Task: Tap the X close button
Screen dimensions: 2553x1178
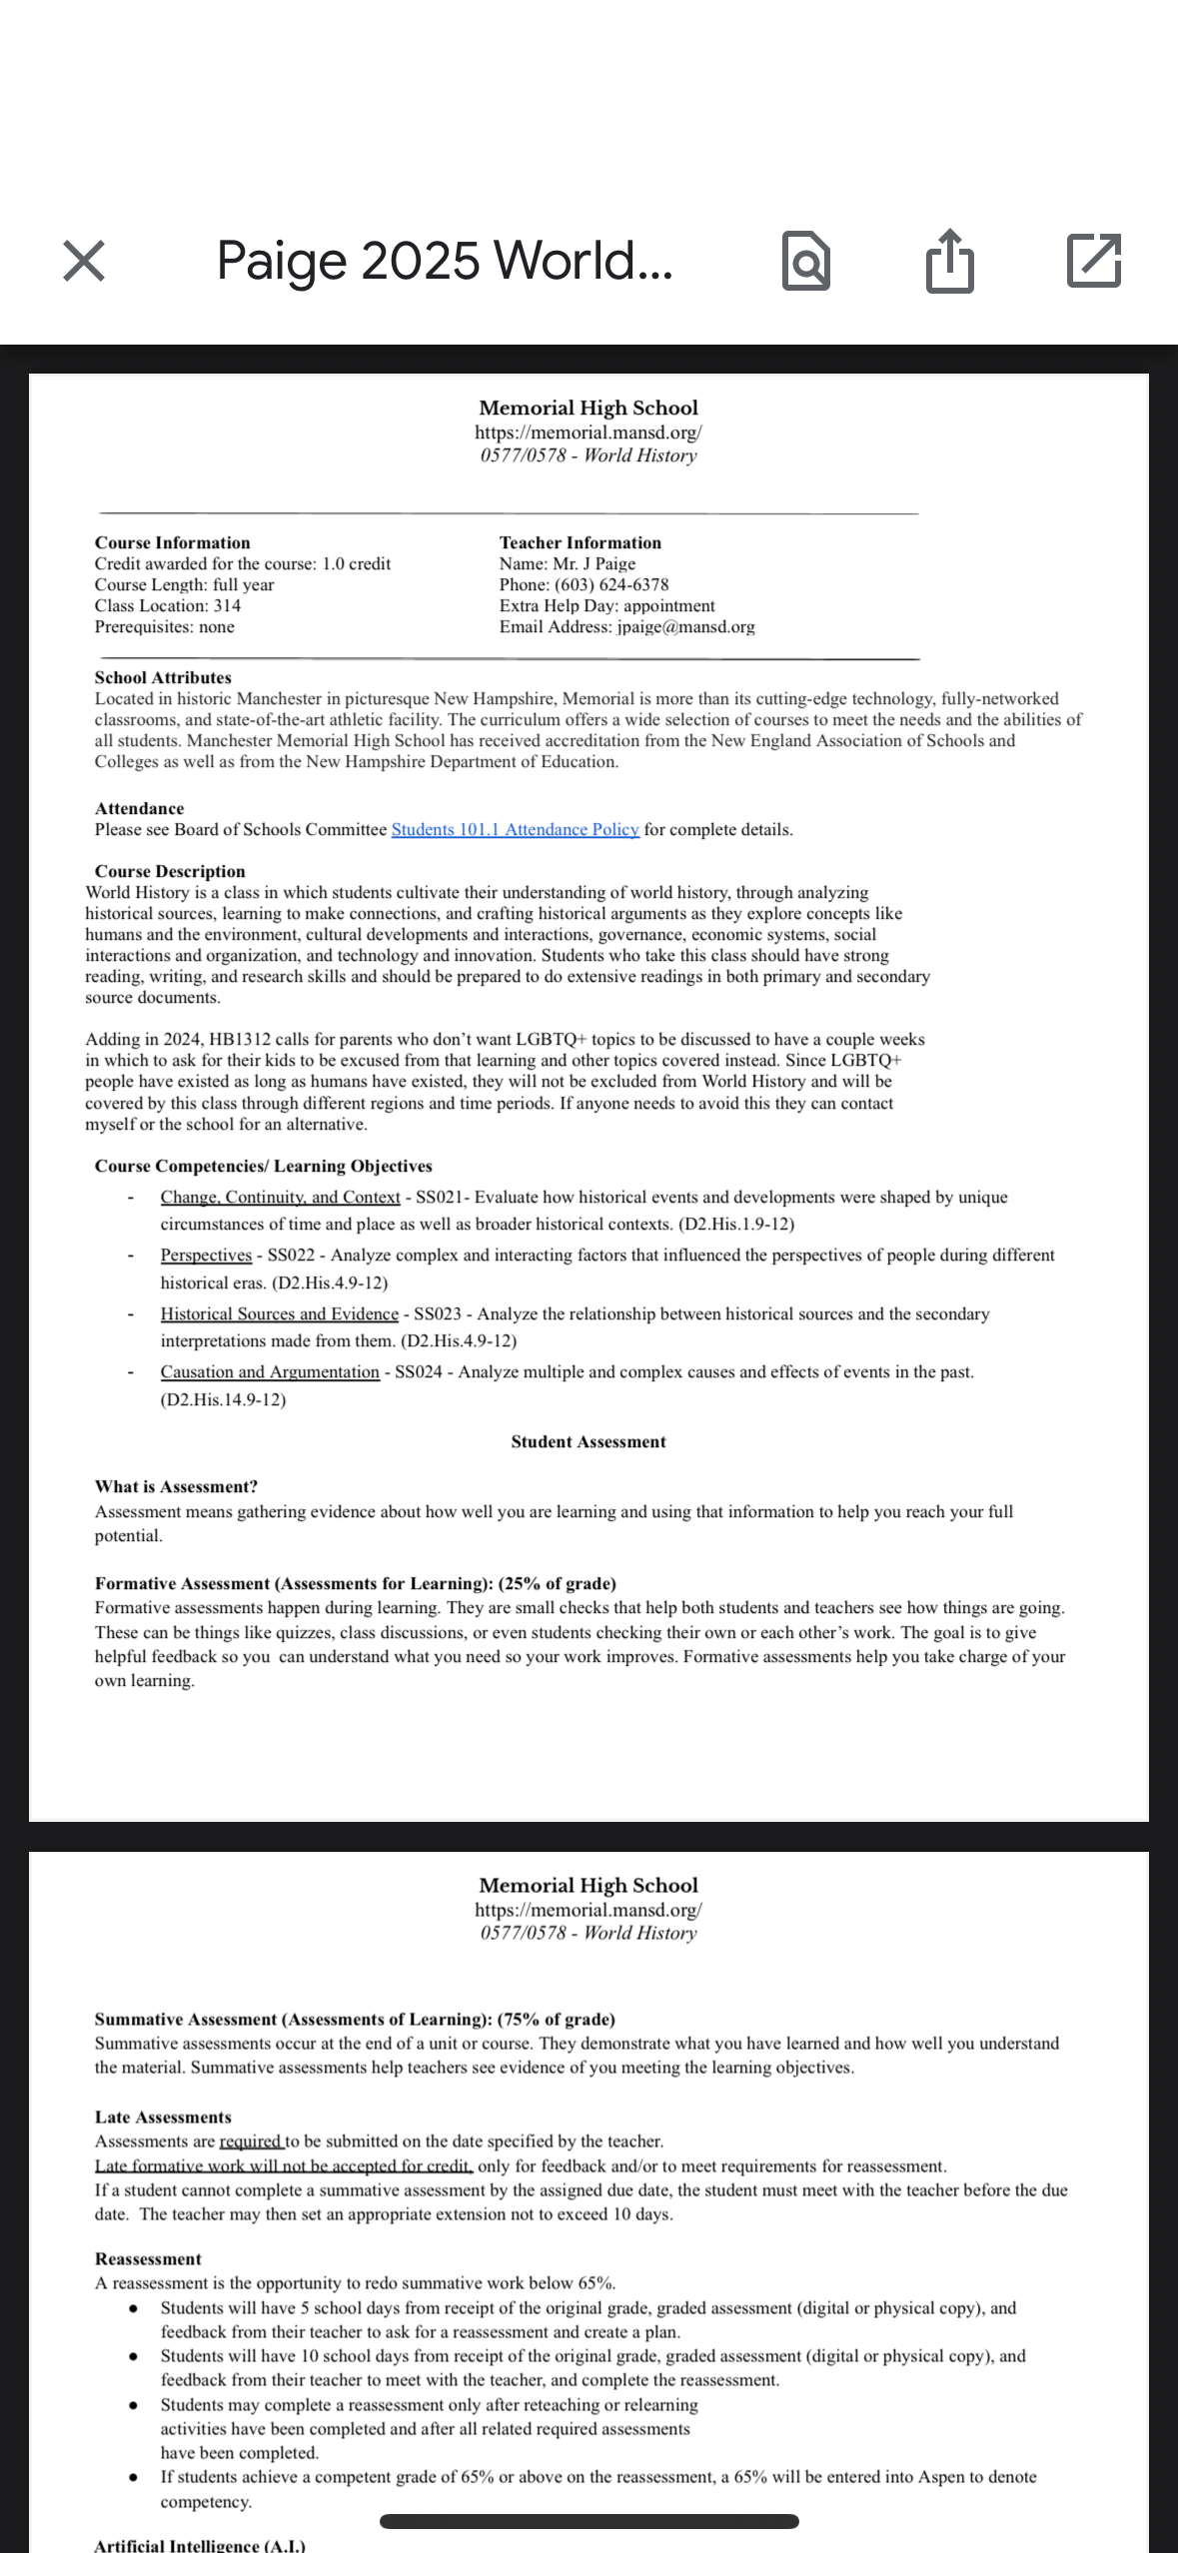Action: point(84,261)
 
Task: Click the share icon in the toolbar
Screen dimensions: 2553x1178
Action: point(948,261)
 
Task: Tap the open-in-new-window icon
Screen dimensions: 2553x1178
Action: point(1094,261)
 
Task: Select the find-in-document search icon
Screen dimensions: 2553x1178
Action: point(805,261)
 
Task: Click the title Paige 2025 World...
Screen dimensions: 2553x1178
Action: point(445,261)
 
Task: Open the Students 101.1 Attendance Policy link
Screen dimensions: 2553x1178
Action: point(515,830)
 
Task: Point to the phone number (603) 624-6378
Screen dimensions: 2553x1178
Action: point(611,584)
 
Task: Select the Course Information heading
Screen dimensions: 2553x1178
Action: point(173,542)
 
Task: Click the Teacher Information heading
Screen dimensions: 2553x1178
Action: point(581,542)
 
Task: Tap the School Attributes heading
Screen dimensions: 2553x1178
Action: point(163,677)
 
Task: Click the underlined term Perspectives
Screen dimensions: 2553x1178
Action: point(206,1256)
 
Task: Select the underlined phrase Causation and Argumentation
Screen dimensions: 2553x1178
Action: point(270,1372)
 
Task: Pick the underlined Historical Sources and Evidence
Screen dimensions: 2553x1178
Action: point(280,1314)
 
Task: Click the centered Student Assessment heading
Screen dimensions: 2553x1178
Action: point(589,1441)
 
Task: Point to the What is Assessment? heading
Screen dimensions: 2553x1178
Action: point(176,1486)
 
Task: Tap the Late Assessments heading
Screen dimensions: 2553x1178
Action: point(163,2117)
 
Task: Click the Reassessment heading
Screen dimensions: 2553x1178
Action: point(148,2258)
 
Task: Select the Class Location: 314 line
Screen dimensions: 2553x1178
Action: point(168,605)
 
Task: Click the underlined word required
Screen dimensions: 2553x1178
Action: point(250,2141)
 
